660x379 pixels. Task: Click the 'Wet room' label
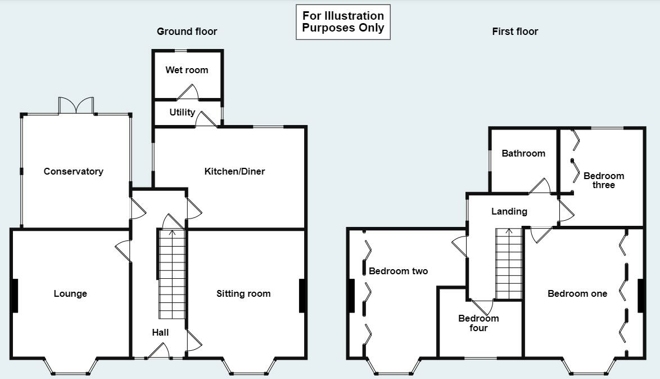tap(187, 70)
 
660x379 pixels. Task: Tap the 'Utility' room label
tap(182, 112)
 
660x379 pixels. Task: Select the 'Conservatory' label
tap(74, 171)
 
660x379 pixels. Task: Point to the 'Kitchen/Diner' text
tap(234, 171)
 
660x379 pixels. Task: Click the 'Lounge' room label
tap(70, 293)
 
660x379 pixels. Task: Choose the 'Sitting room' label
tap(243, 293)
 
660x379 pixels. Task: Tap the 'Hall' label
tap(160, 332)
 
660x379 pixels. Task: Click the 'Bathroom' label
tap(523, 153)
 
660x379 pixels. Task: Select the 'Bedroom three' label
tap(603, 180)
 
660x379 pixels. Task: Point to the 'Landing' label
tap(509, 211)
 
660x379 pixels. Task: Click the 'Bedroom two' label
tap(398, 271)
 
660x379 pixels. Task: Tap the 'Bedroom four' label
tap(478, 323)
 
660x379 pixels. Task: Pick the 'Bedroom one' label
tap(577, 293)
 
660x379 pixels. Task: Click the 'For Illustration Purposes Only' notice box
tap(343, 22)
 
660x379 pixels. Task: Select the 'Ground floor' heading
tap(187, 32)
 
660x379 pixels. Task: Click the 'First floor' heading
tap(515, 32)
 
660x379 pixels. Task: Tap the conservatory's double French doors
tap(76, 106)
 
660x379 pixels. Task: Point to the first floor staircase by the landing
tap(509, 265)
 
